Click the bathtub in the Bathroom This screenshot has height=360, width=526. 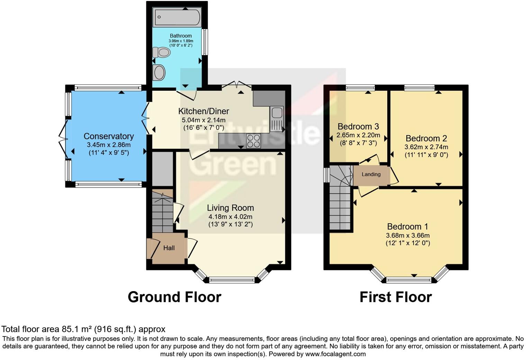[177, 17]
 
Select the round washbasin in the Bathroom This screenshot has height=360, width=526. [159, 73]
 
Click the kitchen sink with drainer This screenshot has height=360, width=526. [276, 119]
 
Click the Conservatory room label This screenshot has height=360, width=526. [109, 136]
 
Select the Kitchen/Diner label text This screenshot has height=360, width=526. [203, 111]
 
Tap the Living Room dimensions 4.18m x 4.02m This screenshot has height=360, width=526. [230, 217]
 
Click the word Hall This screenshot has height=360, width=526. [169, 248]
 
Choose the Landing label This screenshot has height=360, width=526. [371, 174]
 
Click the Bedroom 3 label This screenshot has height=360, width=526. [358, 126]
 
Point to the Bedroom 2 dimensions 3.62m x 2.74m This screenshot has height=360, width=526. [426, 147]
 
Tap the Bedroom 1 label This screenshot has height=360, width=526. [407, 226]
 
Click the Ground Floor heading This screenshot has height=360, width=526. [174, 297]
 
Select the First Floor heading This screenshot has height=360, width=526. [396, 297]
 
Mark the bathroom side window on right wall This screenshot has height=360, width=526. [205, 42]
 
